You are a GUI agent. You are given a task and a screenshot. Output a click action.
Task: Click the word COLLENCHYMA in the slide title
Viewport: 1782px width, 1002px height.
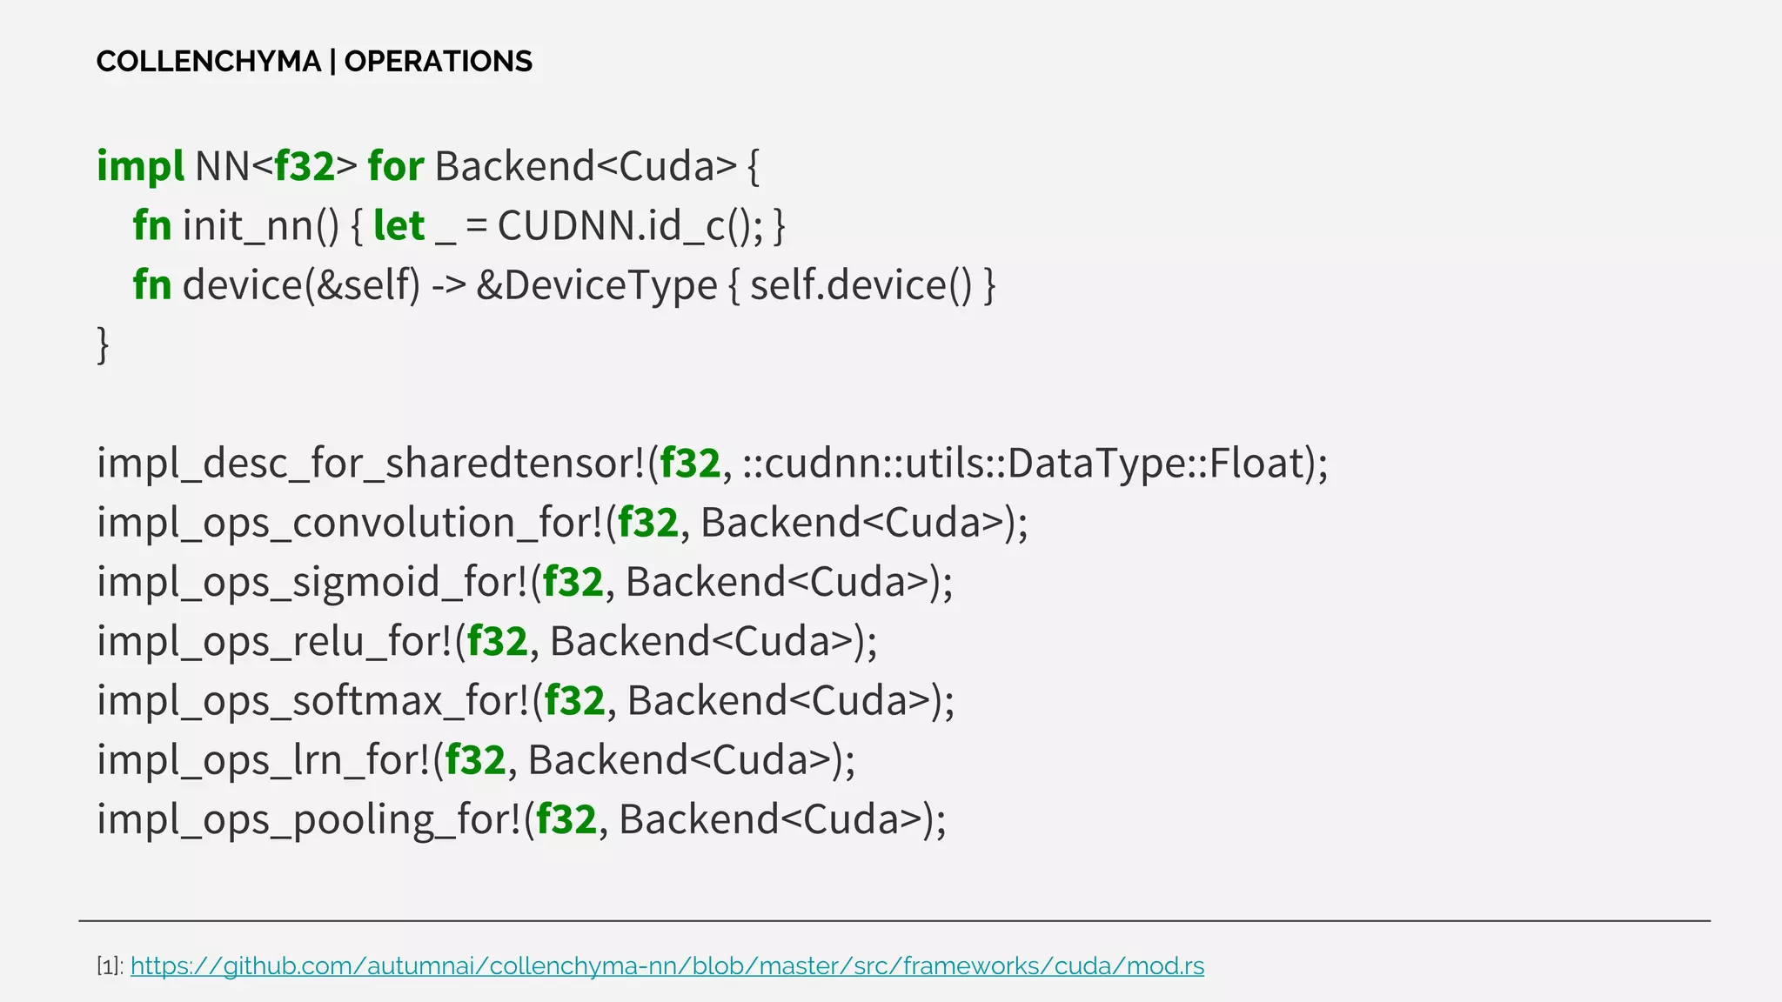tap(209, 62)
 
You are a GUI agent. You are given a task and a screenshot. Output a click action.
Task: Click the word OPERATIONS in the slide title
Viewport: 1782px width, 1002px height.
tap(438, 62)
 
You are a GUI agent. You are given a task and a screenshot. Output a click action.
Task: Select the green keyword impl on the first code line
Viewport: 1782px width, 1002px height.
tap(140, 166)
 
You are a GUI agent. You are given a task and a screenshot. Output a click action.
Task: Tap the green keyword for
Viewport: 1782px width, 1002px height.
tap(396, 166)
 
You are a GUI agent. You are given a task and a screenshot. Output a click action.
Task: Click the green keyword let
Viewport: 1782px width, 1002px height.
tap(399, 226)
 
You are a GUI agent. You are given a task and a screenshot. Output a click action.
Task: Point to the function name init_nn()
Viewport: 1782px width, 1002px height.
tap(261, 226)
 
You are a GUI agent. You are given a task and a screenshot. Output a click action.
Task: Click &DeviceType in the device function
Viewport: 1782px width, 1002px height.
tap(597, 285)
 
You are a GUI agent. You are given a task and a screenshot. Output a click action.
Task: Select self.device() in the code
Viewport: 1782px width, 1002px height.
tap(861, 285)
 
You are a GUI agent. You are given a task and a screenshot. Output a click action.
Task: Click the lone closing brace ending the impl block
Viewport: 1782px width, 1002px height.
tap(103, 344)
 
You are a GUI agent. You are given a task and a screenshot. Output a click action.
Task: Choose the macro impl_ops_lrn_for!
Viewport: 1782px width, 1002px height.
tap(263, 760)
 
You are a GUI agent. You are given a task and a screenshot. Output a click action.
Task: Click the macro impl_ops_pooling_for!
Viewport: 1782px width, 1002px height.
tap(309, 819)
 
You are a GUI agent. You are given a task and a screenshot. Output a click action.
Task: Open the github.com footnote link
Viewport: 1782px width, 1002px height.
tap(667, 965)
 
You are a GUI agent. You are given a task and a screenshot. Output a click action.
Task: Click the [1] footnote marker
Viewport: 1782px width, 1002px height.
tap(110, 966)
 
